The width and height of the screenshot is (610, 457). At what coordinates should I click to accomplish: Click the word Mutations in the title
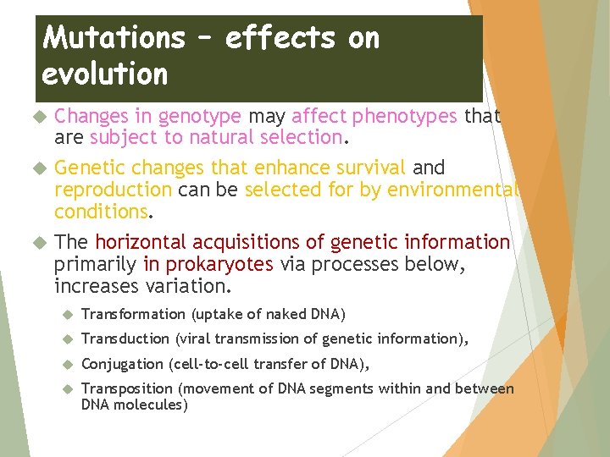pyautogui.click(x=113, y=37)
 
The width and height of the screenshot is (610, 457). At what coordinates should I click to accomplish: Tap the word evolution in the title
pyautogui.click(x=105, y=74)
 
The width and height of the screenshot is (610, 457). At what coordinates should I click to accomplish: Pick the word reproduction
pyautogui.click(x=113, y=190)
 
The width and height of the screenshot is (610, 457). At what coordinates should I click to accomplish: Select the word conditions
pyautogui.click(x=101, y=211)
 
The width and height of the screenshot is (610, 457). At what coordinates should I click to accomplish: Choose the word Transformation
pyautogui.click(x=133, y=315)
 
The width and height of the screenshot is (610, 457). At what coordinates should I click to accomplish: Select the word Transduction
pyautogui.click(x=125, y=339)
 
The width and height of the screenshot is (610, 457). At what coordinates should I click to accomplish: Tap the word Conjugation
pyautogui.click(x=122, y=364)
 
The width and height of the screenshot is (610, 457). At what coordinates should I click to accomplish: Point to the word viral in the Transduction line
pyautogui.click(x=196, y=339)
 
